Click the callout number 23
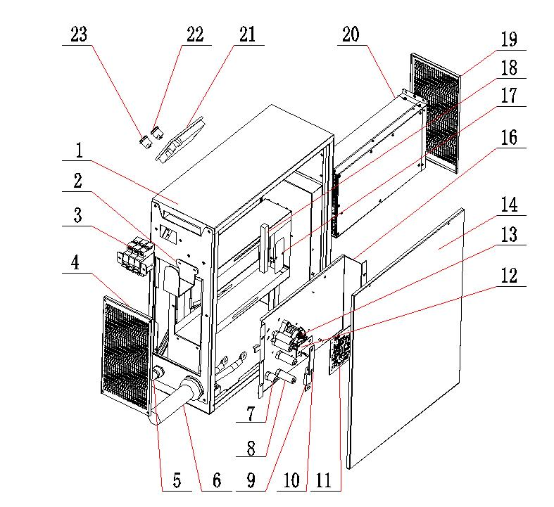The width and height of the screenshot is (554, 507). coord(79,34)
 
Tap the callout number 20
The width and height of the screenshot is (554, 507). coord(351,34)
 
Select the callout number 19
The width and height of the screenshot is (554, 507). coord(509,39)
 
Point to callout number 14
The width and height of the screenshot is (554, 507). coord(509,205)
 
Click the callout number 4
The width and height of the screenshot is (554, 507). coord(75,263)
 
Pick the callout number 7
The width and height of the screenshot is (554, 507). coord(251,413)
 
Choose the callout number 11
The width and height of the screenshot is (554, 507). coord(324,480)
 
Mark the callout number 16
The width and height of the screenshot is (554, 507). coord(509,138)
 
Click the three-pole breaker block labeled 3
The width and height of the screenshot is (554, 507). coord(136,257)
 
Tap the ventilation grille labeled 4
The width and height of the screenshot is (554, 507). coord(127,354)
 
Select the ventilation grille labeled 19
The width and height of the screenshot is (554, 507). coord(436,113)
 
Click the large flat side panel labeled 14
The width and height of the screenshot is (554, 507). coord(406,339)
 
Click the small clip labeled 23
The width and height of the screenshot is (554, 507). coord(145,142)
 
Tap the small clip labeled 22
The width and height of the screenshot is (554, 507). coord(157,133)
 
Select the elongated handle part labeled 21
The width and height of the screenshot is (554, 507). coord(180,140)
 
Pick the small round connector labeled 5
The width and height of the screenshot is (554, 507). coord(158,373)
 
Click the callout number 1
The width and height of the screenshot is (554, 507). coord(79,150)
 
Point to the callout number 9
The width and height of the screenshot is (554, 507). coord(251,480)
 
